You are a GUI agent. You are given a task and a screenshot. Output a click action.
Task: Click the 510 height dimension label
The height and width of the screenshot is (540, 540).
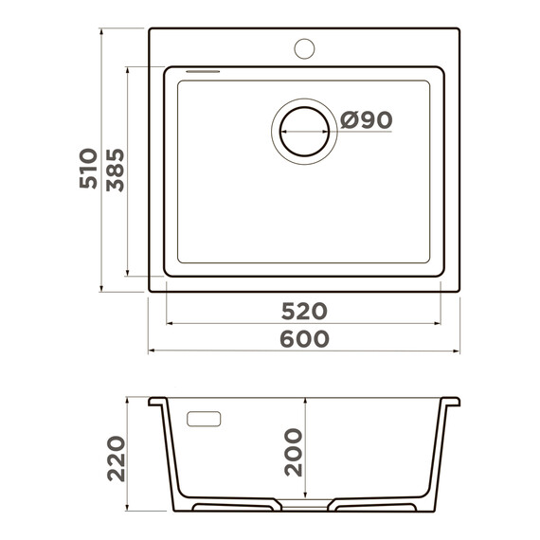point(88,169)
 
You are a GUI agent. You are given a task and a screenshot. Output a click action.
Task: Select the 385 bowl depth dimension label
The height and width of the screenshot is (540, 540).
point(115,170)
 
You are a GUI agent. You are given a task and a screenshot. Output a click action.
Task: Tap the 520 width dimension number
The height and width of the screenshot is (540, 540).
point(304,311)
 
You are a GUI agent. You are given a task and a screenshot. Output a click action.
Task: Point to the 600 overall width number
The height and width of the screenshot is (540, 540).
point(304,338)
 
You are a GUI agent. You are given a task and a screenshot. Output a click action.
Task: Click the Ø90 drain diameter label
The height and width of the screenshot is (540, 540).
point(366,120)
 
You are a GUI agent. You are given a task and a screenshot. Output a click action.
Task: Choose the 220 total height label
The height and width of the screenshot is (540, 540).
point(117,459)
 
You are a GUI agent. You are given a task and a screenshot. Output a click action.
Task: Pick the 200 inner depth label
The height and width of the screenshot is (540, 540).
point(294,452)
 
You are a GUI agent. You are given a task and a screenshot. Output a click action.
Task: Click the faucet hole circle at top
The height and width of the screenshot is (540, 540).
point(304,48)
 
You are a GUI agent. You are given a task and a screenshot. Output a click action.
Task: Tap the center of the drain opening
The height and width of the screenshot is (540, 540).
point(304,132)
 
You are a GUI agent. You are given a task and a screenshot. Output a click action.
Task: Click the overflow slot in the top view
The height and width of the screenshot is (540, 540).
point(203,72)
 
